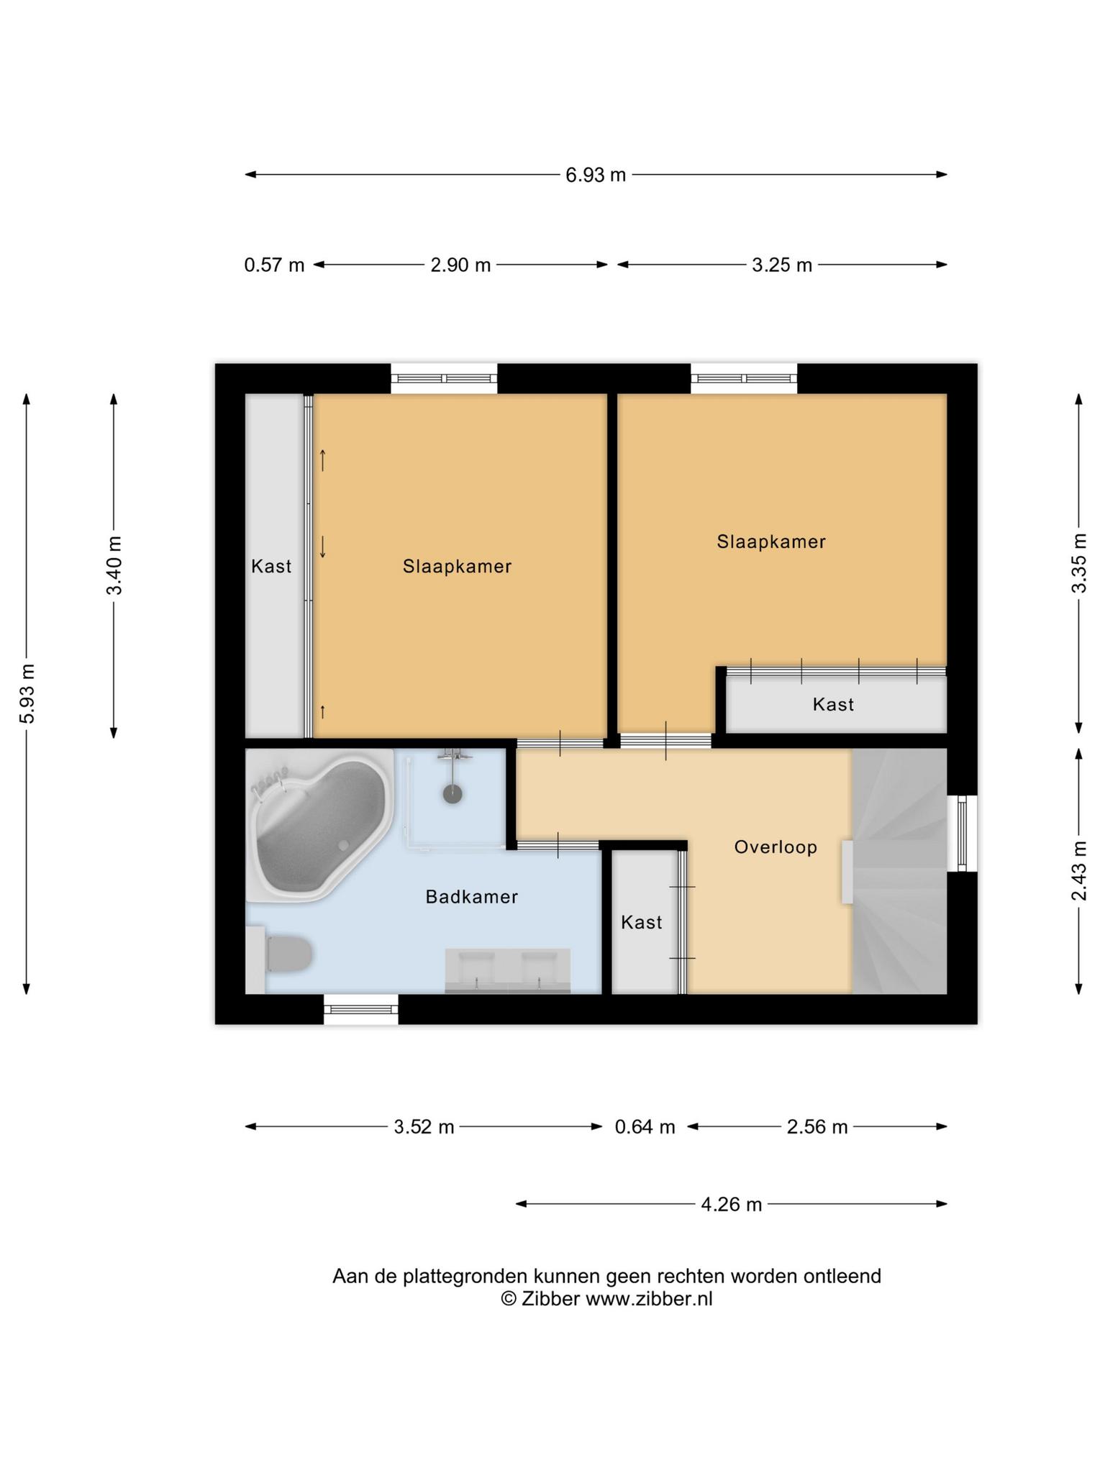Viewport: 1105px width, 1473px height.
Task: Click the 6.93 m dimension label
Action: (596, 175)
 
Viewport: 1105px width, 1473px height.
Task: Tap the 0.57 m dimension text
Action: (274, 265)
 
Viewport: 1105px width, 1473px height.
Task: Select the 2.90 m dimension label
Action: (460, 265)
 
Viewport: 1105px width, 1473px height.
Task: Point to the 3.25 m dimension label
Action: (782, 265)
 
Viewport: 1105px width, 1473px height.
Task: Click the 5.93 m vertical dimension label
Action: (27, 694)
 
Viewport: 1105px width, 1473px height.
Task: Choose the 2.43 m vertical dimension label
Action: (1079, 870)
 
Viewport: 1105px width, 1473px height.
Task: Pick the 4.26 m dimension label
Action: (731, 1204)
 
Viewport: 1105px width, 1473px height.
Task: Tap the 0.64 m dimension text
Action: (645, 1127)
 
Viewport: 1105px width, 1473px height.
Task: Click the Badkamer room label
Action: (472, 897)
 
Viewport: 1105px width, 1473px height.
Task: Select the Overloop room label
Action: (776, 847)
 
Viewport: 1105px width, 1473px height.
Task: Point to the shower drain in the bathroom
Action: (452, 794)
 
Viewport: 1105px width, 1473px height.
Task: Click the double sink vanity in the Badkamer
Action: (508, 971)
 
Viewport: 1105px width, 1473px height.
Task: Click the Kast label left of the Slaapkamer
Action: (271, 567)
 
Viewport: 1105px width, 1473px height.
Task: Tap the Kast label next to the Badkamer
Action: (642, 922)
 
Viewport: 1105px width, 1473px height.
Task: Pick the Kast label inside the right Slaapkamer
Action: (833, 704)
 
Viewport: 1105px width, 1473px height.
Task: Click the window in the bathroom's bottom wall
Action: (361, 1010)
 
